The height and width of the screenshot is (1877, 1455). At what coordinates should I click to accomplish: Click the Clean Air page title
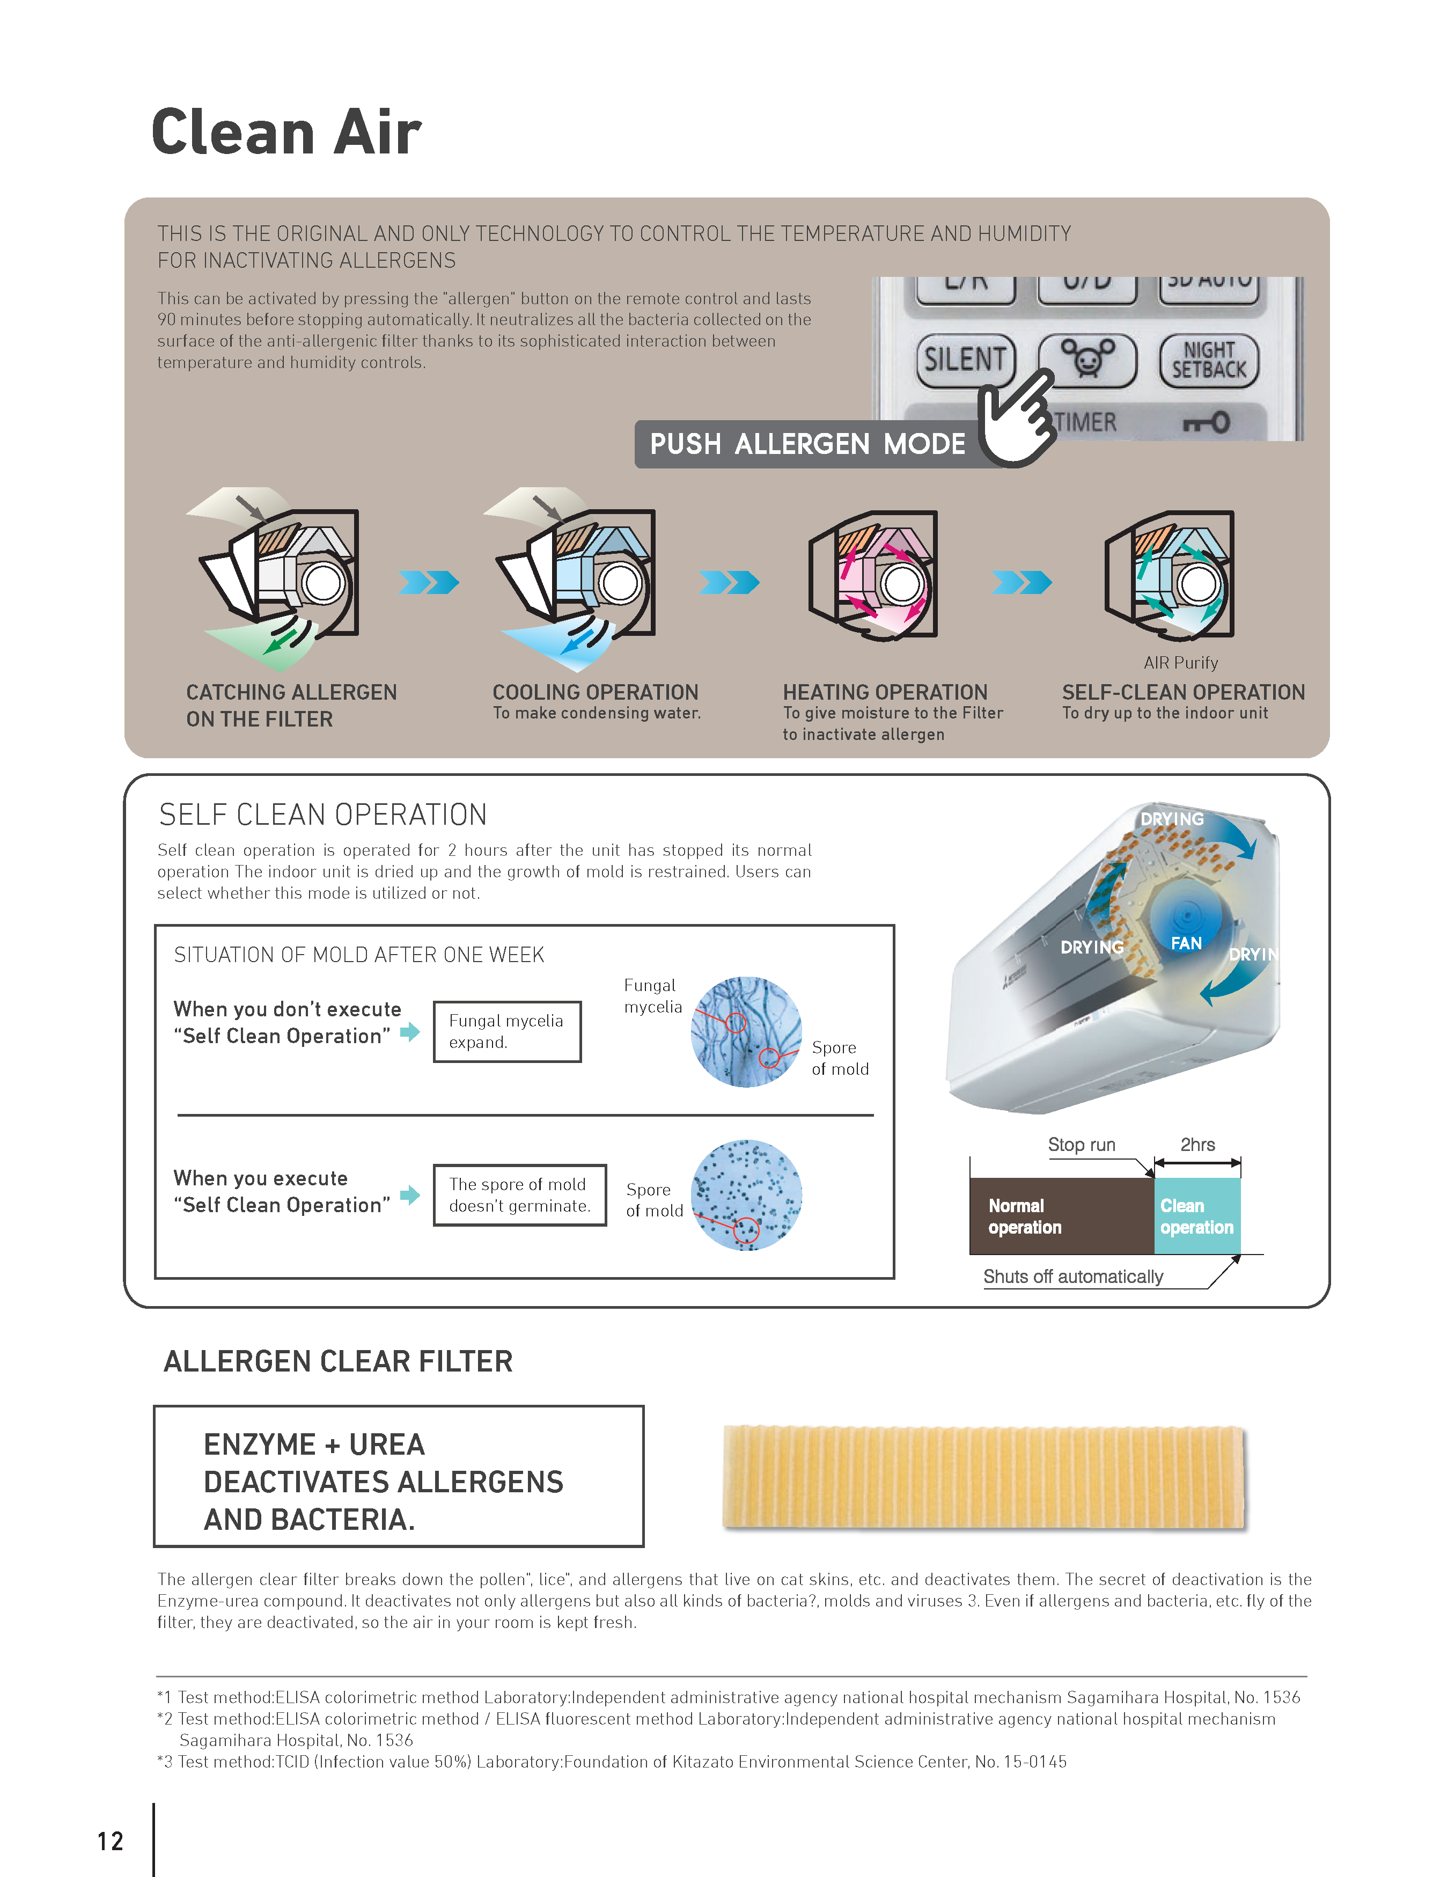(x=286, y=133)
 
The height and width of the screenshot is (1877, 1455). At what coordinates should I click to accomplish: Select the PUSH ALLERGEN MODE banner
(x=808, y=444)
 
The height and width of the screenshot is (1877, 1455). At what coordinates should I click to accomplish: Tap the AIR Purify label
(x=1180, y=663)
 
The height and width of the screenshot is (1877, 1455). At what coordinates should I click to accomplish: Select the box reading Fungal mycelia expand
(x=507, y=1031)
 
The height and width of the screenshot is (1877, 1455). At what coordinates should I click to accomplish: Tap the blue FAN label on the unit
(x=1186, y=943)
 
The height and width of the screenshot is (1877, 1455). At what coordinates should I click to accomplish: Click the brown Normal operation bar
(x=1061, y=1216)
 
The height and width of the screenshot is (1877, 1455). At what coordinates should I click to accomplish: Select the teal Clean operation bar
(x=1197, y=1216)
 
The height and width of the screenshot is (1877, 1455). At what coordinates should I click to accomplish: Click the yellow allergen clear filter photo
(x=984, y=1477)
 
